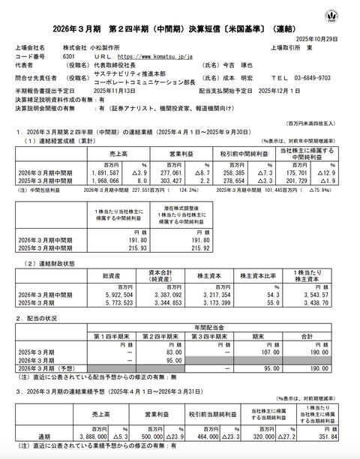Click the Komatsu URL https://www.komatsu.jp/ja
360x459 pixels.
coord(153,56)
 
